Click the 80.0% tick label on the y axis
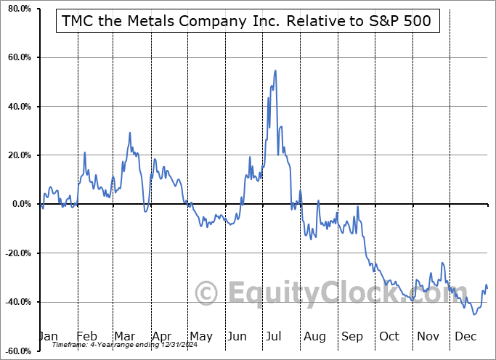17,9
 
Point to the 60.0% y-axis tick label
17,57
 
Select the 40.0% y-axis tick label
17,107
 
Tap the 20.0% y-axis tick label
17,155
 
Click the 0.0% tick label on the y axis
19,204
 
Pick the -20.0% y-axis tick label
16,253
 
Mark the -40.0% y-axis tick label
16,302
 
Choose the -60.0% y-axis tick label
16,351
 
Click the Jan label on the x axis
47,337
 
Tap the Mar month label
125,337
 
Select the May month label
200,337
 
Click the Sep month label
351,337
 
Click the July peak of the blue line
275,70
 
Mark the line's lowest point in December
474,314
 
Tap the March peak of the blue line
130,133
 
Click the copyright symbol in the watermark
207,293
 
